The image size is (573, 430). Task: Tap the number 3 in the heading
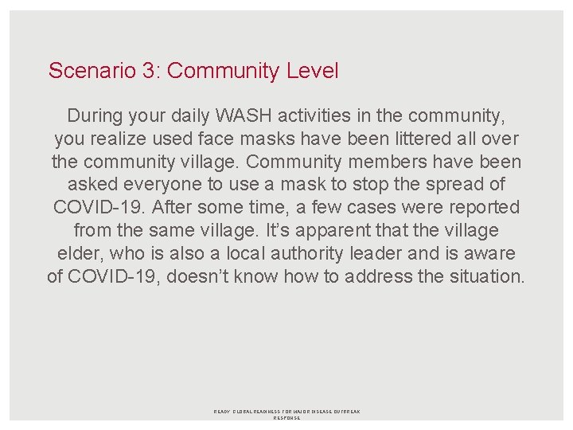pyautogui.click(x=149, y=71)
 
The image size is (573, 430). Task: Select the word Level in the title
pyautogui.click(x=310, y=71)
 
